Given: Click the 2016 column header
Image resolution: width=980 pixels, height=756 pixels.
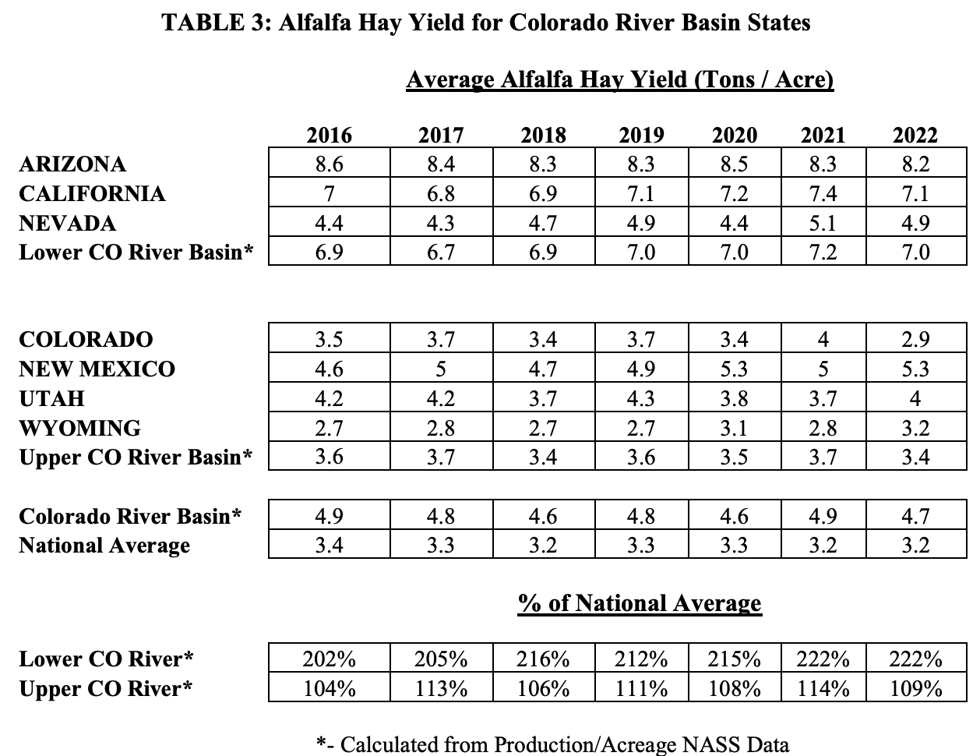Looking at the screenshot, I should (329, 135).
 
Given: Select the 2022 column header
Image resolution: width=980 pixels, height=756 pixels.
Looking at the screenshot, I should (915, 135).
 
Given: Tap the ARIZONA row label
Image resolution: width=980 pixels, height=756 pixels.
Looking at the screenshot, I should (72, 164).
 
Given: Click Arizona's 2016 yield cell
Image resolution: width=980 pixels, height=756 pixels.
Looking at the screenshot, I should (329, 164).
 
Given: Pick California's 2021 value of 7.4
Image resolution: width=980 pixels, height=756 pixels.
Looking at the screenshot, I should (823, 194).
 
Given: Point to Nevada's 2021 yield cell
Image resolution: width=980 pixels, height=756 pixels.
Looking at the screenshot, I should (823, 224).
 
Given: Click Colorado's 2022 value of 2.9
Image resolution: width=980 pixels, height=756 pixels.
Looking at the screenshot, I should (915, 339).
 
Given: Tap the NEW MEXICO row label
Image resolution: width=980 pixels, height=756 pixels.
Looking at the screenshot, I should (97, 369).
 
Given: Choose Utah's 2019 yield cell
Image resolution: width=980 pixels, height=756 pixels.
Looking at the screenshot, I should (641, 398).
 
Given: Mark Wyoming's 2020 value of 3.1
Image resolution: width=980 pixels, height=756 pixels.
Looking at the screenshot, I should (735, 428).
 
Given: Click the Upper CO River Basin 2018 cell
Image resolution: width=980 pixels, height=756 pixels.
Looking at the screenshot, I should (543, 457).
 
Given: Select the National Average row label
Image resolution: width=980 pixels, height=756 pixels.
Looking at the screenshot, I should (104, 546).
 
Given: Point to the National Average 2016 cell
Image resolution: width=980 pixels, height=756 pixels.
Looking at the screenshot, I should (329, 546).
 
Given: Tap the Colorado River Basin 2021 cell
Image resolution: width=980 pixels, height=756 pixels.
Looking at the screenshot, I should (823, 516).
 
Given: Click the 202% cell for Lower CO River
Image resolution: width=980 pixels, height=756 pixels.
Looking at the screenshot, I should (329, 659).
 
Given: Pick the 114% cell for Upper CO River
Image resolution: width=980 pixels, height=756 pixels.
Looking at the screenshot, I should (823, 689).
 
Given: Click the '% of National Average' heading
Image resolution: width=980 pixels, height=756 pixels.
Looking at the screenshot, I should (640, 603).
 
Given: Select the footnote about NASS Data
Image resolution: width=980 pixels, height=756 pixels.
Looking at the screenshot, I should (552, 744).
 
